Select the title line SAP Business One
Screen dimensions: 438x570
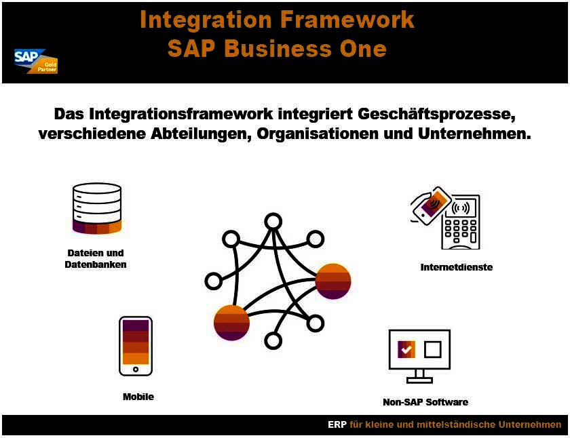277,49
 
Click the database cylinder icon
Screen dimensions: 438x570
96,208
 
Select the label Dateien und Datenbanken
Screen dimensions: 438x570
96,258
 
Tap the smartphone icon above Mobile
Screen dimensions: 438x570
136,346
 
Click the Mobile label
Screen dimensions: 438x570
138,397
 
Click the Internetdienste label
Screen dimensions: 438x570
456,267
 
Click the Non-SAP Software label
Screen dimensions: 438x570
425,402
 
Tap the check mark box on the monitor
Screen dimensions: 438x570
406,350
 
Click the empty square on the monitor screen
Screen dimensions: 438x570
432,350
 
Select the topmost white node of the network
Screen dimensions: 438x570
273,222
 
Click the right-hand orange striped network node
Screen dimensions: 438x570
333,280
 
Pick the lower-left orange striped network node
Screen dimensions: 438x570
231,322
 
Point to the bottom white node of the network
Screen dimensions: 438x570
273,340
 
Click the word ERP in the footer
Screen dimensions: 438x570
337,425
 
